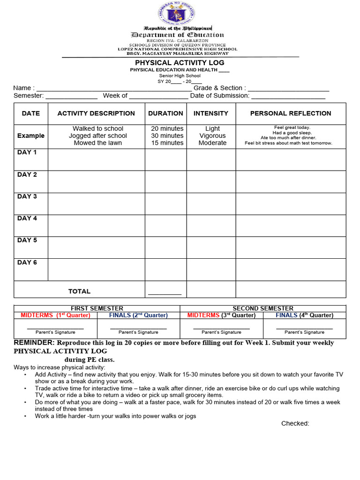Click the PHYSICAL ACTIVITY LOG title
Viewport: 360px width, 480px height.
[x=180, y=62]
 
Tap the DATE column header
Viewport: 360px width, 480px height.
[x=31, y=113]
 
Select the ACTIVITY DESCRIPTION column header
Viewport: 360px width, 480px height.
[x=96, y=113]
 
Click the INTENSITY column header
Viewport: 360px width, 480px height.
[x=211, y=113]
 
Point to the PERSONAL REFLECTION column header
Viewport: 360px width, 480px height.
[x=291, y=113]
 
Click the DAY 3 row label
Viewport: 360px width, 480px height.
[x=27, y=196]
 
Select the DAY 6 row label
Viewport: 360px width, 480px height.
[x=27, y=262]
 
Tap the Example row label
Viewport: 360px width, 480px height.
[x=31, y=136]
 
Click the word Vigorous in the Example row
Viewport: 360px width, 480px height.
[x=212, y=136]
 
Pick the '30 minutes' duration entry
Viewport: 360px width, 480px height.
[x=167, y=136]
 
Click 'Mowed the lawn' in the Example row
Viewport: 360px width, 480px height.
[x=97, y=143]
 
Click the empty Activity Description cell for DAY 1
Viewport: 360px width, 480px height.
[x=96, y=159]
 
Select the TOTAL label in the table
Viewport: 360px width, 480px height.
[x=79, y=291]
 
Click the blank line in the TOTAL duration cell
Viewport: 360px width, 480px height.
[x=165, y=294]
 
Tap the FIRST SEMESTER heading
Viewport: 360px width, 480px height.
[x=97, y=308]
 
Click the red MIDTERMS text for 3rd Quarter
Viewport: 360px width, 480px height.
[x=203, y=315]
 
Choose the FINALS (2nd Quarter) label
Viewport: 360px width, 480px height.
[x=138, y=315]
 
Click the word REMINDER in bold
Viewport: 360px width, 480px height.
[x=34, y=343]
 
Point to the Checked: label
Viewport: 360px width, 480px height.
[x=295, y=424]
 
